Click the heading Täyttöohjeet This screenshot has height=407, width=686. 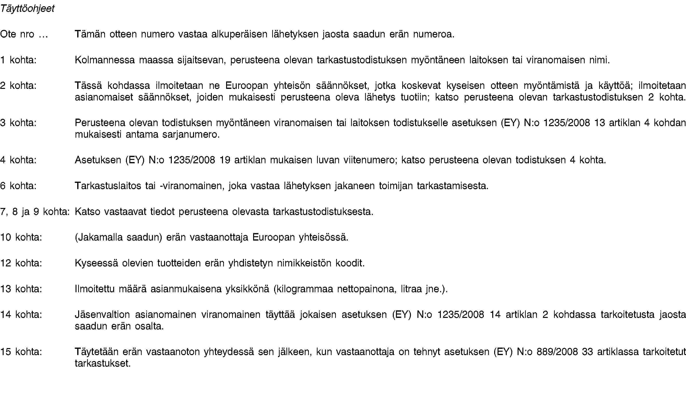pos(28,9)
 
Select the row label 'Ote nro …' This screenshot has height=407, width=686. pos(24,34)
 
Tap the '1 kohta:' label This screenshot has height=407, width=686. pos(18,60)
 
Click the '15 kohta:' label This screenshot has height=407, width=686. pos(21,352)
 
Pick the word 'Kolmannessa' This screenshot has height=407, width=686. pos(105,60)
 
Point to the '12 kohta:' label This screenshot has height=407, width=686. pos(21,263)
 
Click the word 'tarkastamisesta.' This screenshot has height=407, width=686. pos(453,186)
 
